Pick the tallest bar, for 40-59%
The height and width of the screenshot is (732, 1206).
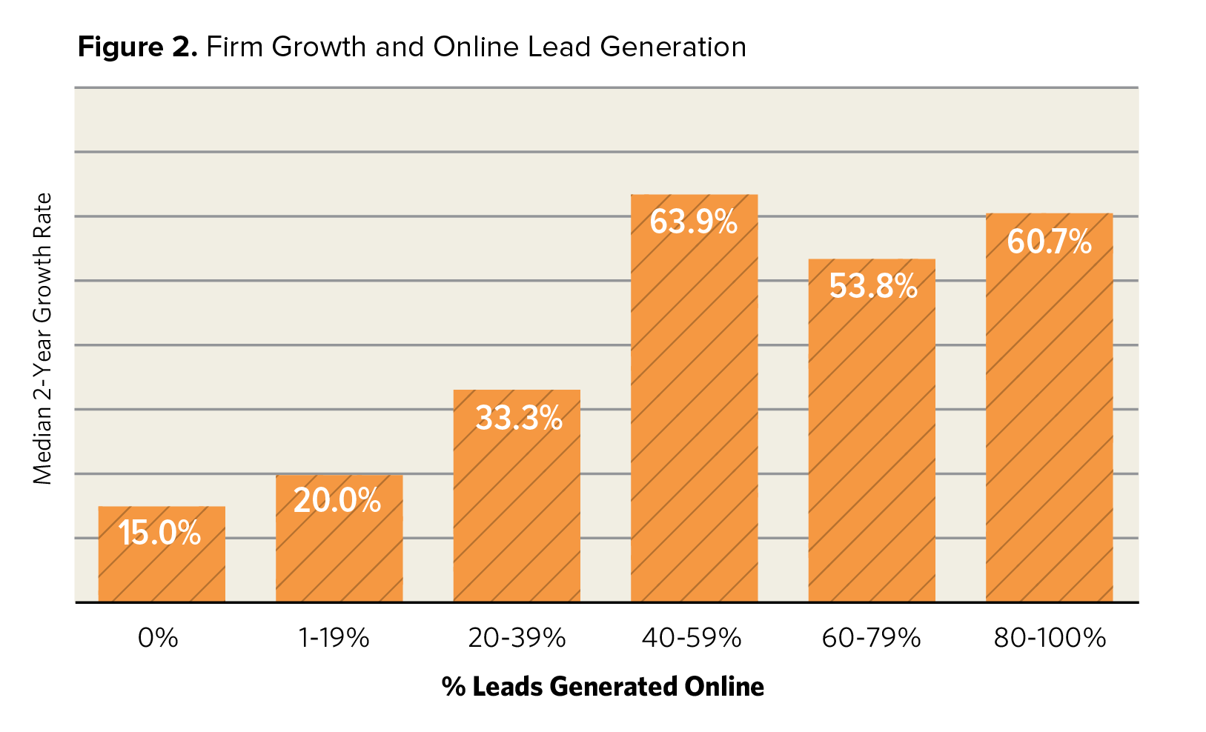[694, 415]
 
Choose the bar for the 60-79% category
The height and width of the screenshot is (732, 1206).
[871, 445]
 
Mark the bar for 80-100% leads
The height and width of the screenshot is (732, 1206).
[1049, 422]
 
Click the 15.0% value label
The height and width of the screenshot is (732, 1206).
[159, 533]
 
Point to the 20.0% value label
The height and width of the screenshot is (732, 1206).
[337, 500]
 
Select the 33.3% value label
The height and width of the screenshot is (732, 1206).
[519, 418]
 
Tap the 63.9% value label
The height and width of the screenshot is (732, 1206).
[694, 222]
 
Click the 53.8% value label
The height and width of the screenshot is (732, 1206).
[873, 286]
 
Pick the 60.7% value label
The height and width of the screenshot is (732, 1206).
[1049, 242]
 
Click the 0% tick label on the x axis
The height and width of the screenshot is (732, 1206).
[158, 638]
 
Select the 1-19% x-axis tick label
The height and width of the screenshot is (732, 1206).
[334, 638]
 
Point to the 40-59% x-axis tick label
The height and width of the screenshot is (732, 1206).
[692, 638]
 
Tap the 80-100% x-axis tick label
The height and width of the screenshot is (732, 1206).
[1050, 638]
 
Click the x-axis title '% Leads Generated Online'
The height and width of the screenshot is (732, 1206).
[603, 686]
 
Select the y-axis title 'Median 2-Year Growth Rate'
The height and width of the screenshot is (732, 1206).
[43, 339]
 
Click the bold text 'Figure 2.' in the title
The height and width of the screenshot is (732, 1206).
[138, 47]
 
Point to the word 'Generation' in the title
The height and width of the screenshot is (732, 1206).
[673, 47]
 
